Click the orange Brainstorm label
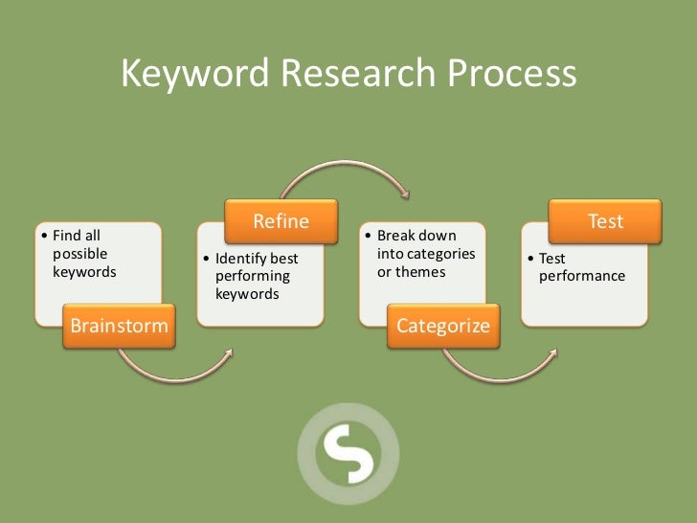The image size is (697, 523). click(119, 326)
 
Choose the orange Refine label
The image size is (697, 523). click(281, 221)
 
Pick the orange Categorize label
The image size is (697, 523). click(442, 326)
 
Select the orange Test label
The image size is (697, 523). click(605, 221)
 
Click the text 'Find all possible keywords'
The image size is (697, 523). click(82, 254)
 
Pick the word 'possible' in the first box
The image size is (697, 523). click(79, 254)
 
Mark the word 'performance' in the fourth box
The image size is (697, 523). click(581, 276)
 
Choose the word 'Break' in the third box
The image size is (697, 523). click(394, 236)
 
